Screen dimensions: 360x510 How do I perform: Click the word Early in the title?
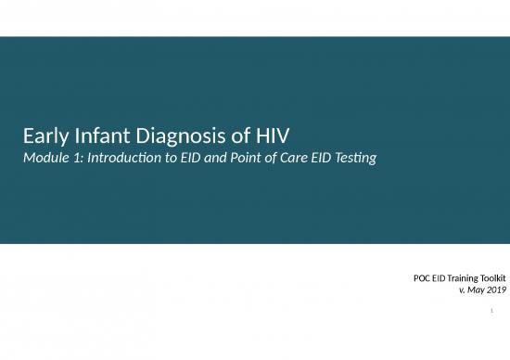point(42,137)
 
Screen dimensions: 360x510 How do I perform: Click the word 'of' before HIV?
point(224,137)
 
